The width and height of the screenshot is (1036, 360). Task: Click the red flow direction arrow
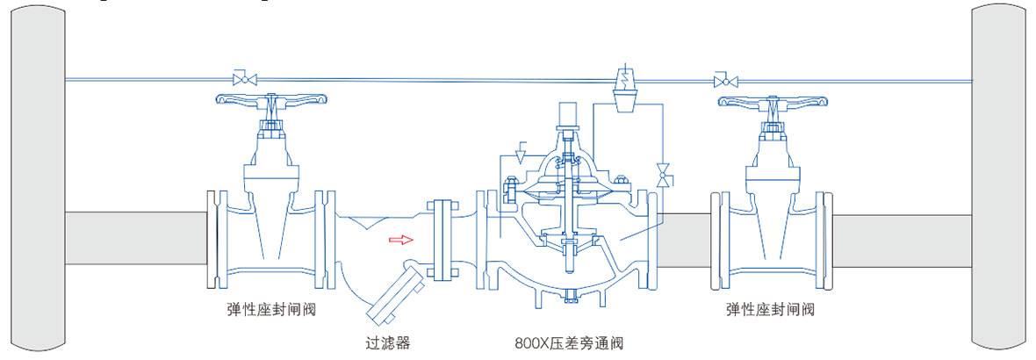[400, 238]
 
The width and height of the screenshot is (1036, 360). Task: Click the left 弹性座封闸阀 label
[270, 309]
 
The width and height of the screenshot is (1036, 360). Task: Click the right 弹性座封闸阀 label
[770, 309]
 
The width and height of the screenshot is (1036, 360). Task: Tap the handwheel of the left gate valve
[270, 101]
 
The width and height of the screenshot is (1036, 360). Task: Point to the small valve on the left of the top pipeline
[241, 79]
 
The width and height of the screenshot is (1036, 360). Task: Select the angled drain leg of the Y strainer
[392, 295]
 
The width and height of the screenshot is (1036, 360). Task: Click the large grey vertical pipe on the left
[38, 176]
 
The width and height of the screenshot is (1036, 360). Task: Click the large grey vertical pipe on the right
[998, 176]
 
